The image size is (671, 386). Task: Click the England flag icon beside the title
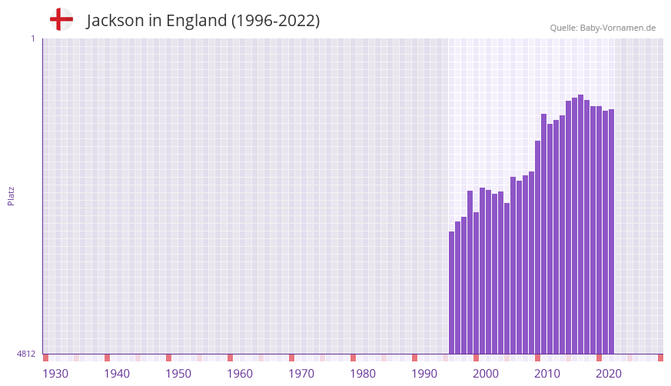point(61,19)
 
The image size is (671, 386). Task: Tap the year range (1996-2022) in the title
point(275,21)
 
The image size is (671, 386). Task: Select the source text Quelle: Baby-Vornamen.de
point(602,28)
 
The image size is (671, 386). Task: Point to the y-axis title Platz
point(11,195)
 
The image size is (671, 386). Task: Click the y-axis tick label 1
point(32,38)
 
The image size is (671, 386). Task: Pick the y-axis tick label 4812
point(25,354)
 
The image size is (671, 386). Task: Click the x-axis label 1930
point(55,374)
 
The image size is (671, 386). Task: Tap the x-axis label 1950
point(178,374)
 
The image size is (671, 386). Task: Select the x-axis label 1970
point(301,374)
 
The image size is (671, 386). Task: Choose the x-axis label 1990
point(424,374)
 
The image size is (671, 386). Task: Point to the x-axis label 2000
point(486,374)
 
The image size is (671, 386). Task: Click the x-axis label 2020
point(609,374)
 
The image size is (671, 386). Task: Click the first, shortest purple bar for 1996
point(452,292)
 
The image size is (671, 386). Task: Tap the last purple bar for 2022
point(611,231)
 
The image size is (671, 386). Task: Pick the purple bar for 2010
point(538,246)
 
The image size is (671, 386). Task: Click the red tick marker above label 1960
point(230,358)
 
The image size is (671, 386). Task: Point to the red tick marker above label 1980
point(353,358)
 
